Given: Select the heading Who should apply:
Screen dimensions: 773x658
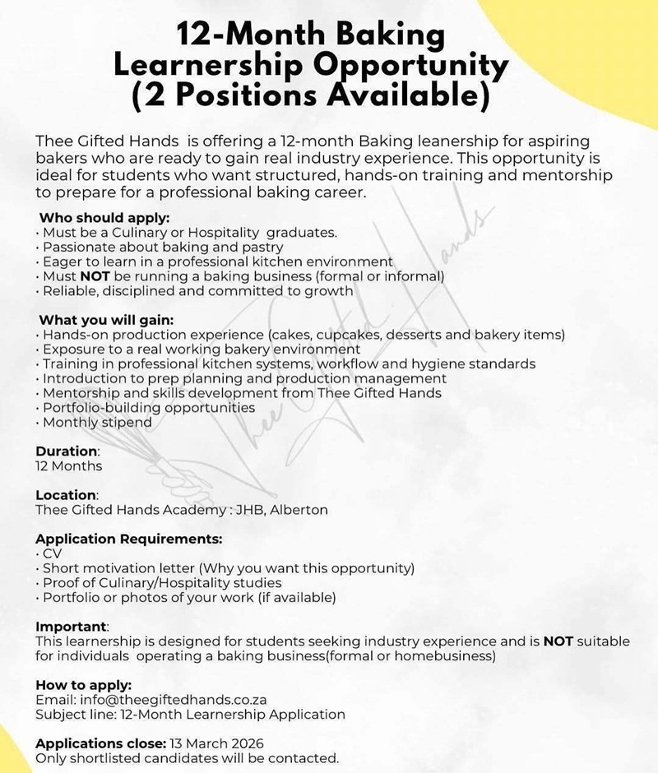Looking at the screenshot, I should [x=104, y=218].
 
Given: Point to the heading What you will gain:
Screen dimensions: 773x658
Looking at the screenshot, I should [x=106, y=320].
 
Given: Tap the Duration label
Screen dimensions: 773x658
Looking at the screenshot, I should [x=67, y=451].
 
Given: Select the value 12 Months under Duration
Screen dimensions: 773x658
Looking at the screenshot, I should [x=69, y=466].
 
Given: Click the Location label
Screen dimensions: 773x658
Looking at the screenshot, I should [x=66, y=495].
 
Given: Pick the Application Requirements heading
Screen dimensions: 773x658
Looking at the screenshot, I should [x=128, y=539].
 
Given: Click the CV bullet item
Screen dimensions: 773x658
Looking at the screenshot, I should [x=51, y=553].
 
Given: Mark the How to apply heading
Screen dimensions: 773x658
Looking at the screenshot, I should [x=83, y=685].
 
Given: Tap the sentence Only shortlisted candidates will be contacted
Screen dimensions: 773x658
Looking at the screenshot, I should [x=187, y=758].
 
